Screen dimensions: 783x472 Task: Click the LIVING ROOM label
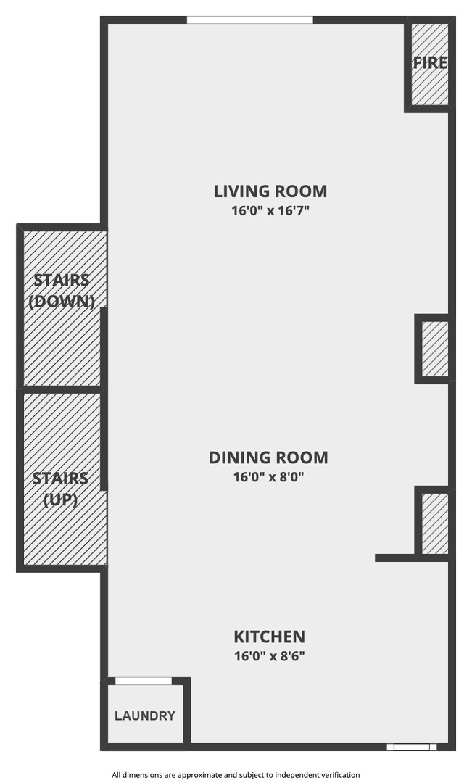click(x=270, y=191)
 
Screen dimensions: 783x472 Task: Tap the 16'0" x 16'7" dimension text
click(x=270, y=211)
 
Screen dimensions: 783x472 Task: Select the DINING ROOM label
click(x=268, y=457)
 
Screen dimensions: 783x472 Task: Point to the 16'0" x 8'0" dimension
click(x=268, y=477)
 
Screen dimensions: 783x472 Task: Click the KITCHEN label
click(x=269, y=637)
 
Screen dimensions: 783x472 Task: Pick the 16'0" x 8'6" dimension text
click(x=269, y=657)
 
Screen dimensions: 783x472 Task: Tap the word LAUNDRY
click(x=145, y=716)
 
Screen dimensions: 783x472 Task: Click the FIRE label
click(x=430, y=63)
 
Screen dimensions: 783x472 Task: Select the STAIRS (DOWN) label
click(x=62, y=290)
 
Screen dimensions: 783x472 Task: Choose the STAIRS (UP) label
click(x=61, y=489)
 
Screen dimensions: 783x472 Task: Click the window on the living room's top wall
click(x=250, y=20)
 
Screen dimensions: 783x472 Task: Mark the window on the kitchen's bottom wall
click(x=411, y=747)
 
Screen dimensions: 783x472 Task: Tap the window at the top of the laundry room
click(x=144, y=681)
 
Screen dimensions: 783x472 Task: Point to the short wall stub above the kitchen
click(x=395, y=558)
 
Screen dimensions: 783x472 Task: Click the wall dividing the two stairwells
click(x=61, y=390)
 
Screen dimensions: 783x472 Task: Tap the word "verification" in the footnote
click(x=333, y=775)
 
